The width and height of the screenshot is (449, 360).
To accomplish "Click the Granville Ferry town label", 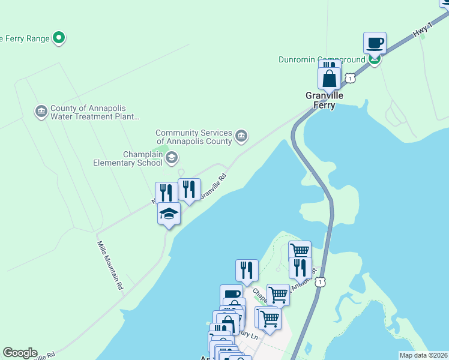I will pyautogui.click(x=324, y=100).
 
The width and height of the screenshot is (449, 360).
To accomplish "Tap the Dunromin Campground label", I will pyautogui.click(x=322, y=59).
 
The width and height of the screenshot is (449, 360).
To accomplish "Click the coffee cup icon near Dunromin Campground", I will pyautogui.click(x=375, y=43).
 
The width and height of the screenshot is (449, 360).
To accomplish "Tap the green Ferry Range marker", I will pyautogui.click(x=59, y=38).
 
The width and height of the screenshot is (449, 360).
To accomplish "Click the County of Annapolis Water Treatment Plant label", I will pyautogui.click(x=95, y=112).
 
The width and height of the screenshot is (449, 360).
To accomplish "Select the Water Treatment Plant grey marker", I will pyautogui.click(x=41, y=112).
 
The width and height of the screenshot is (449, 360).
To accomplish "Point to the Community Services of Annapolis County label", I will pyautogui.click(x=193, y=137).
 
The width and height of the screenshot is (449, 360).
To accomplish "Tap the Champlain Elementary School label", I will pyautogui.click(x=127, y=158).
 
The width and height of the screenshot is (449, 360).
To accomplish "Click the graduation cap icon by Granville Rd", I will pyautogui.click(x=169, y=214).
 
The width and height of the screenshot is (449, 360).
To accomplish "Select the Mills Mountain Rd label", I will pyautogui.click(x=110, y=266).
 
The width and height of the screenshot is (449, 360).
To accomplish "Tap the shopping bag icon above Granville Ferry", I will pyautogui.click(x=330, y=79).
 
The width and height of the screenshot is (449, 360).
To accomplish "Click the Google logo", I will pyautogui.click(x=20, y=353).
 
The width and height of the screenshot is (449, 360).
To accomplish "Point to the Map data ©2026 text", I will pyautogui.click(x=424, y=355).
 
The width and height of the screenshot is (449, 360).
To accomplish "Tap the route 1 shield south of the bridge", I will pyautogui.click(x=322, y=281).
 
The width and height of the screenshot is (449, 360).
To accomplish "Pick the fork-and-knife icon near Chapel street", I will pyautogui.click(x=247, y=271).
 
